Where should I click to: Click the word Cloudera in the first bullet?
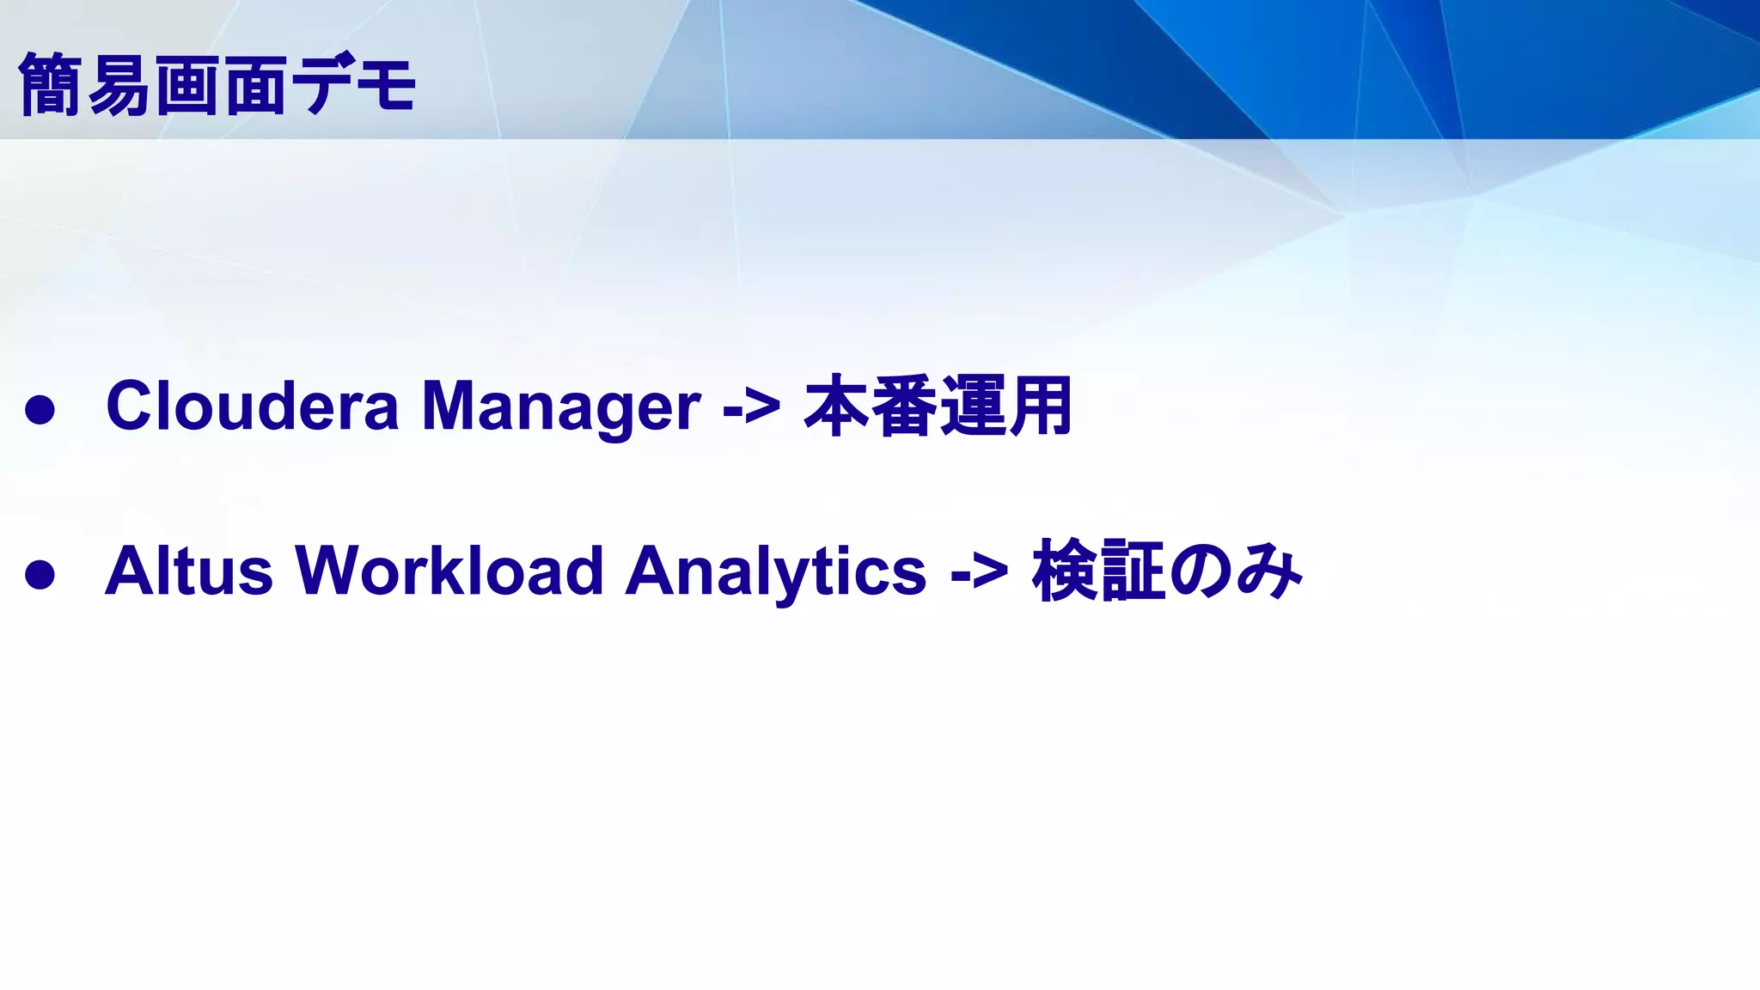(x=252, y=406)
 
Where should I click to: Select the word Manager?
(x=560, y=407)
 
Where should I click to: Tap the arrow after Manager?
(x=751, y=407)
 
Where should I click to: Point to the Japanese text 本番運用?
(x=937, y=406)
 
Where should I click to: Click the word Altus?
(x=188, y=571)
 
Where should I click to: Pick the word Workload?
(x=449, y=571)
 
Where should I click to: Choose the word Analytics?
(x=775, y=572)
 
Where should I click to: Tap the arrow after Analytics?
(x=979, y=572)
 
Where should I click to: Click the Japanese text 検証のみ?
(x=1167, y=571)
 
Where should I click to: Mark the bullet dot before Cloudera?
(x=40, y=410)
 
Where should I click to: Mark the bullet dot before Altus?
(x=40, y=575)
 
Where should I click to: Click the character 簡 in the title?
(x=50, y=84)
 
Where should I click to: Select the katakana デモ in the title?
(x=353, y=84)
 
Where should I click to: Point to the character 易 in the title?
(x=119, y=84)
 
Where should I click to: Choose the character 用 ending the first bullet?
(x=1041, y=406)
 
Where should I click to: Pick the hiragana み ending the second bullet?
(x=1270, y=571)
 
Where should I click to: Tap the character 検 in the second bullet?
(x=1066, y=571)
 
